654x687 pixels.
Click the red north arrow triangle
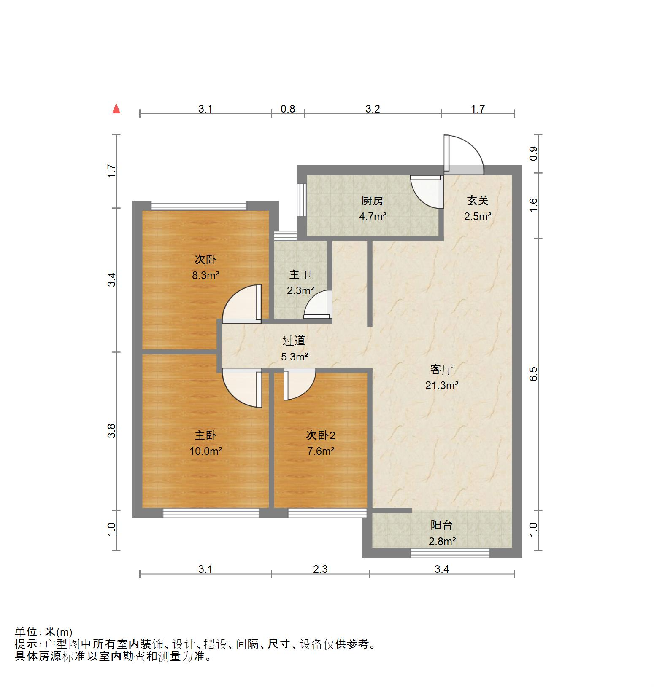tap(116, 109)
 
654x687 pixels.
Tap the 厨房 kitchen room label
tap(373, 201)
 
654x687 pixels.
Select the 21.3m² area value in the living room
tap(442, 385)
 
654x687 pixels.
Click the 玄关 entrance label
tap(478, 201)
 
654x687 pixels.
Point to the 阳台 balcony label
tap(441, 525)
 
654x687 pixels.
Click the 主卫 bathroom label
tap(300, 275)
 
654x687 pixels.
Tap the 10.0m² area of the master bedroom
tap(205, 451)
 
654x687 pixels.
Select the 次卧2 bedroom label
tap(320, 435)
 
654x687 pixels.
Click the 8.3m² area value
tap(205, 276)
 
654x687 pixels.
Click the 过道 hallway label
tap(294, 341)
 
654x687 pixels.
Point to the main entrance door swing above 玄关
tap(463, 152)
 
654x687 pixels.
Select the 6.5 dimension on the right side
tap(533, 374)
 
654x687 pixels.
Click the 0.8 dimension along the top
tap(288, 109)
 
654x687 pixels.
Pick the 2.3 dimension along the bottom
tap(320, 569)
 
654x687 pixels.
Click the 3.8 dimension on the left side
tap(111, 431)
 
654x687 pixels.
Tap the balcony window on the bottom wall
tap(450, 553)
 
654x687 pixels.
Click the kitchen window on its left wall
tap(301, 200)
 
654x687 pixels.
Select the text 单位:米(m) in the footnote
tap(44, 632)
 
